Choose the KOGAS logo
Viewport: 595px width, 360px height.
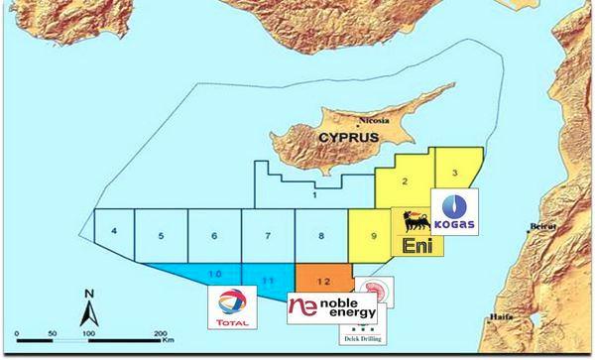click(458, 212)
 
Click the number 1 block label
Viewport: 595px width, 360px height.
click(314, 196)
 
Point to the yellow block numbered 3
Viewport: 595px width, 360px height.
click(454, 174)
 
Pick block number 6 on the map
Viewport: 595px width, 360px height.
click(213, 236)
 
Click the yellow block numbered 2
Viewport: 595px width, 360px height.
click(406, 181)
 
